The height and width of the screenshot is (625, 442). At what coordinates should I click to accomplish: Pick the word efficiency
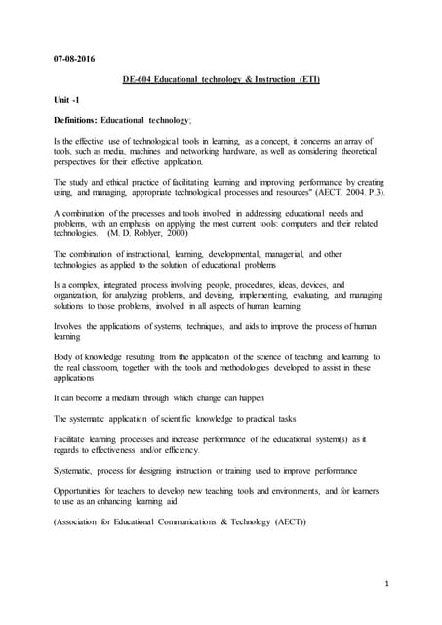pos(179,450)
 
